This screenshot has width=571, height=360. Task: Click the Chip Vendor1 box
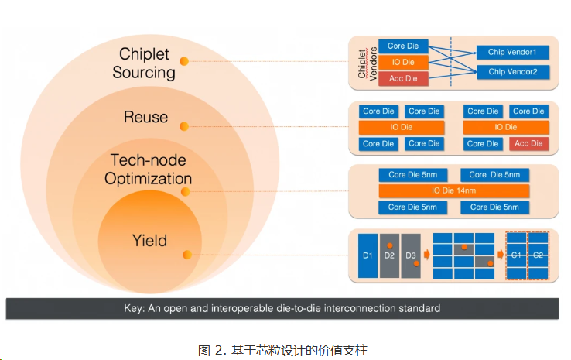pyautogui.click(x=512, y=52)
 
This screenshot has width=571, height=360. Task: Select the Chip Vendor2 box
pyautogui.click(x=512, y=72)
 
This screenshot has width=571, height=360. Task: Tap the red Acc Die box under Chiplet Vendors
pyautogui.click(x=403, y=78)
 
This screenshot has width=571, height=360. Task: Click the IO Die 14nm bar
pyautogui.click(x=453, y=190)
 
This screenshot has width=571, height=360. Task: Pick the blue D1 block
pyautogui.click(x=368, y=255)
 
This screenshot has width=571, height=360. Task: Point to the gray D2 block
pyautogui.click(x=389, y=255)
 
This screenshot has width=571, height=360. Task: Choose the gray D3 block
pyautogui.click(x=411, y=255)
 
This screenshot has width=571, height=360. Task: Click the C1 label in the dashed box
pyautogui.click(x=516, y=255)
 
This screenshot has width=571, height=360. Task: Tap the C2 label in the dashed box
pyautogui.click(x=538, y=255)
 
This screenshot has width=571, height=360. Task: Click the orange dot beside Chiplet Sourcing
pyautogui.click(x=184, y=61)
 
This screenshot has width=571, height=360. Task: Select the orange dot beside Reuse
pyautogui.click(x=184, y=126)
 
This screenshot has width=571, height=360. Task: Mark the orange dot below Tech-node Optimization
pyautogui.click(x=186, y=192)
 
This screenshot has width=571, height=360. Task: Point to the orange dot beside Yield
pyautogui.click(x=187, y=255)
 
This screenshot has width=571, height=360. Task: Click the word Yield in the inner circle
pyautogui.click(x=149, y=241)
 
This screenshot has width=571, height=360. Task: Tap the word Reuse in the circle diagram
pyautogui.click(x=145, y=117)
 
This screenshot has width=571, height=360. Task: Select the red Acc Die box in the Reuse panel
pyautogui.click(x=528, y=143)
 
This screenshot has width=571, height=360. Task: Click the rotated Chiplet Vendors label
pyautogui.click(x=368, y=64)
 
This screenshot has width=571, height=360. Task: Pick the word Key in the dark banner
pyautogui.click(x=134, y=309)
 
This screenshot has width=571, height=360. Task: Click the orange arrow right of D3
pyautogui.click(x=427, y=255)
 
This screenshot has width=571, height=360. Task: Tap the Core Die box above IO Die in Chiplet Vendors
pyautogui.click(x=403, y=46)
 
